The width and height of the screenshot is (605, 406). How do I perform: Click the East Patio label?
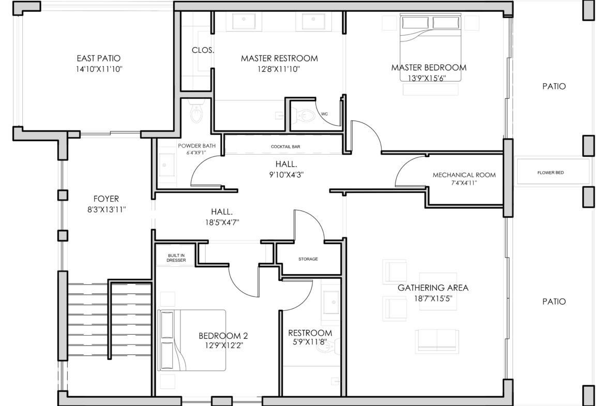tap(99, 58)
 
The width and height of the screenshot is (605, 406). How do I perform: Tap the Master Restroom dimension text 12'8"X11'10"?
tap(279, 69)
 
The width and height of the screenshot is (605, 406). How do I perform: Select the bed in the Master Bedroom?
tap(430, 48)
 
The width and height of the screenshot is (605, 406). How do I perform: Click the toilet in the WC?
tap(304, 115)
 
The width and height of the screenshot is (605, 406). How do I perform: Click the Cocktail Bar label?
tap(285, 147)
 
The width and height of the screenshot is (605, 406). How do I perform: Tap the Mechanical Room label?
tap(464, 175)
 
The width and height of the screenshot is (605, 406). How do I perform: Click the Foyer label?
tap(106, 199)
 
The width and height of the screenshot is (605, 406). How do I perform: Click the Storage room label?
tap(308, 259)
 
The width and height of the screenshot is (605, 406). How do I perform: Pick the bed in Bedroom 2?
tap(192, 340)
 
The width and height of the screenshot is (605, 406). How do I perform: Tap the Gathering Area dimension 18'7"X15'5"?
tap(432, 298)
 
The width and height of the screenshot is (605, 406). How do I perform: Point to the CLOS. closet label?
tap(203, 50)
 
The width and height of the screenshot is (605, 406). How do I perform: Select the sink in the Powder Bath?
tap(167, 165)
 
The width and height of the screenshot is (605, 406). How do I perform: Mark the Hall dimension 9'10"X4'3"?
tap(286, 174)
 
